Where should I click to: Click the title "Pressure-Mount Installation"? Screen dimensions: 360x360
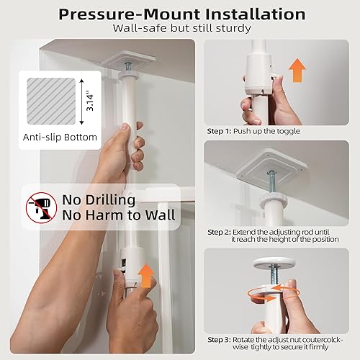point(180,14)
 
